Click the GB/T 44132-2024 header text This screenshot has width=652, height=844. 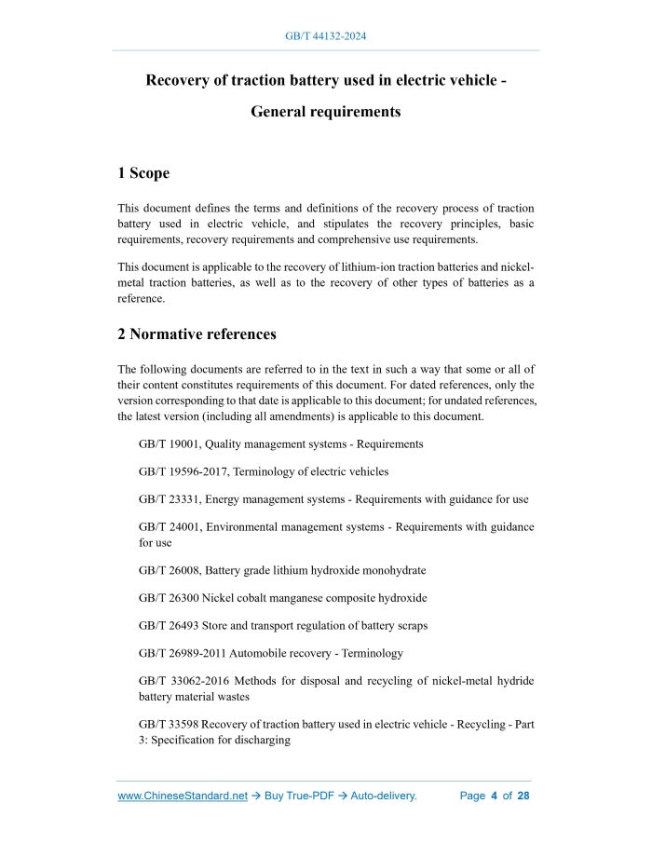pyautogui.click(x=325, y=36)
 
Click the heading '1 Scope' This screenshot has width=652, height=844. pyautogui.click(x=143, y=173)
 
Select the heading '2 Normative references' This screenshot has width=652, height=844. pyautogui.click(x=197, y=334)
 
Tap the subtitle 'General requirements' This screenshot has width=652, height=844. pyautogui.click(x=326, y=112)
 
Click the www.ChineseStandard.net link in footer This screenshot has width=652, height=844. pyautogui.click(x=183, y=796)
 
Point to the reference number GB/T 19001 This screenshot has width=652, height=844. pyautogui.click(x=169, y=444)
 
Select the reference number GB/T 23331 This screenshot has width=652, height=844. pyautogui.click(x=169, y=499)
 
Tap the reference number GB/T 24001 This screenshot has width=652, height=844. pyautogui.click(x=169, y=527)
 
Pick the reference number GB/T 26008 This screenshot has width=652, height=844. pyautogui.click(x=169, y=570)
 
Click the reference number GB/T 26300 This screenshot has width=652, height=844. pyautogui.click(x=169, y=598)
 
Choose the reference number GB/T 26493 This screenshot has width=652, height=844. pyautogui.click(x=169, y=625)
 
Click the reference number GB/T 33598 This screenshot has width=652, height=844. pyautogui.click(x=169, y=724)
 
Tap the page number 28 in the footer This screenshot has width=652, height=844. pyautogui.click(x=523, y=796)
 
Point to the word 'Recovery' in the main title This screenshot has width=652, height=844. pyautogui.click(x=179, y=80)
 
